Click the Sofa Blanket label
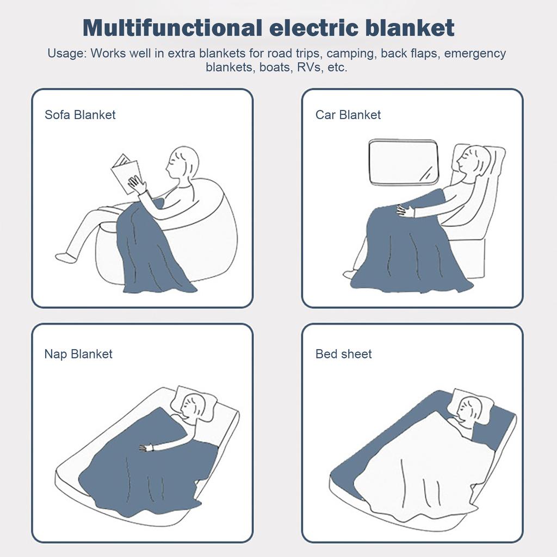point(80,115)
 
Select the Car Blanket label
point(348,115)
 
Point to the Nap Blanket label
point(78,354)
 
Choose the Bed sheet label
point(344,354)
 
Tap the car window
point(404,162)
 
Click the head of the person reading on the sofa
point(182,163)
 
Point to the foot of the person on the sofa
point(66,258)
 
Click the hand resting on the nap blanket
point(145,448)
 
